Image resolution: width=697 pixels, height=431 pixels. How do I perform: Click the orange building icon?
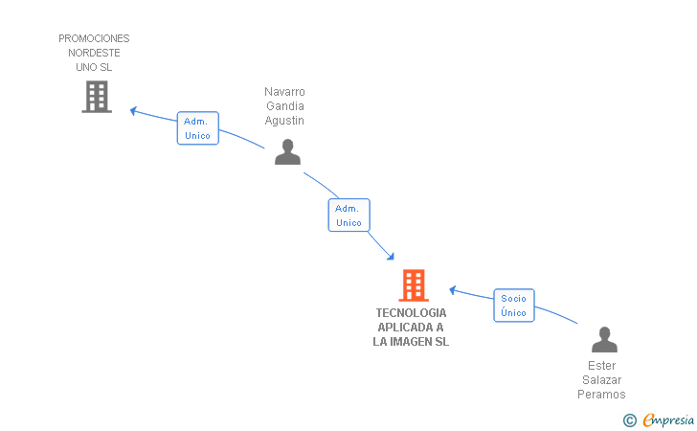414,285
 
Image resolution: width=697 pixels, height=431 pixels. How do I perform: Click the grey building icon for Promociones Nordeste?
97,97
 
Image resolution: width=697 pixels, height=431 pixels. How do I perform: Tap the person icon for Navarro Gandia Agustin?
287,152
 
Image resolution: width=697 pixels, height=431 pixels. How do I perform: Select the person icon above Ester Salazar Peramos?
604,339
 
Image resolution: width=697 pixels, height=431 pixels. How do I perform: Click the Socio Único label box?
514,306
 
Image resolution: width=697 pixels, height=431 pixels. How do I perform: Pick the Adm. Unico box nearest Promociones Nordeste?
198,128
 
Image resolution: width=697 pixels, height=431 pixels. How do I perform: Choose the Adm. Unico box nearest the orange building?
348,215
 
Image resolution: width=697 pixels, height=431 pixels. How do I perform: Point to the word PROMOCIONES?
94,38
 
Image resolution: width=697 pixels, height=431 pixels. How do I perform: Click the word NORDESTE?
94,53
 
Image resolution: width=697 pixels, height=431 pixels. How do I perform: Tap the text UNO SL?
94,67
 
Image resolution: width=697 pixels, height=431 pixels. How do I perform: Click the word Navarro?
284,92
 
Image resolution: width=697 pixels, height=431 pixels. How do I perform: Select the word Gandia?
285,106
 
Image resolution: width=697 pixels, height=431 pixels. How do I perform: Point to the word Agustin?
284,121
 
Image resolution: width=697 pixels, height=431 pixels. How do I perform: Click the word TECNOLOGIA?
411,313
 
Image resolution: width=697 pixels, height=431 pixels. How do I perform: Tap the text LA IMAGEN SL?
411,342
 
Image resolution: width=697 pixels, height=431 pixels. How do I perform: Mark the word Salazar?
602,380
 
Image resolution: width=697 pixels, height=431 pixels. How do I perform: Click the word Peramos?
601,394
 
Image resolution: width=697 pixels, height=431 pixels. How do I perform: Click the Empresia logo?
659,420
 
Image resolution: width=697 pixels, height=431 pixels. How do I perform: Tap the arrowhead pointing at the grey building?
133,111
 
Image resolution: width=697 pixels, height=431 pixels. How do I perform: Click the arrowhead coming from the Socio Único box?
453,290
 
